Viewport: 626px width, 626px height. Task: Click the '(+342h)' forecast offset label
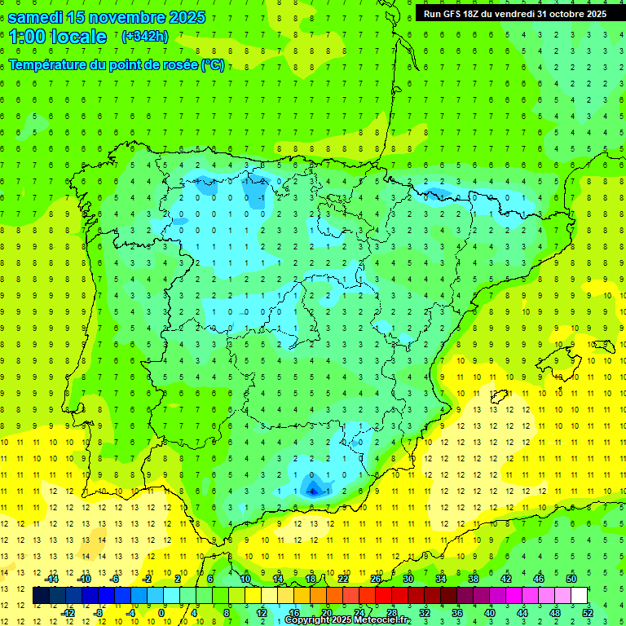coord(144,36)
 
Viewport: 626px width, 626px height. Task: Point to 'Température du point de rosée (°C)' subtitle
coord(117,65)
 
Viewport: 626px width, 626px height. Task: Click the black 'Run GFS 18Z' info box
coord(515,13)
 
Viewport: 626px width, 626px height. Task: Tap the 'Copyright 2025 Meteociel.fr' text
coord(347,620)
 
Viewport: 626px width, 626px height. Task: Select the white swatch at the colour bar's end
coord(579,596)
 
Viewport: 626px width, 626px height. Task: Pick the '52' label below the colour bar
coord(588,612)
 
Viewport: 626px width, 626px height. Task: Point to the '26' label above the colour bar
coord(376,579)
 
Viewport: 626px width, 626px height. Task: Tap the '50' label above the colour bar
coord(571,579)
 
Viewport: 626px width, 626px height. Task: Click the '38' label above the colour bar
coord(474,579)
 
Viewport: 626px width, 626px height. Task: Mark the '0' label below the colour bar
coord(161,612)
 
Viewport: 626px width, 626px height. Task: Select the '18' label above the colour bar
coord(311,579)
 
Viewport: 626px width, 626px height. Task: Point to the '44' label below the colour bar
coord(522,612)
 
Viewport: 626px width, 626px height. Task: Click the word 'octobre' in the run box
coord(570,14)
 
